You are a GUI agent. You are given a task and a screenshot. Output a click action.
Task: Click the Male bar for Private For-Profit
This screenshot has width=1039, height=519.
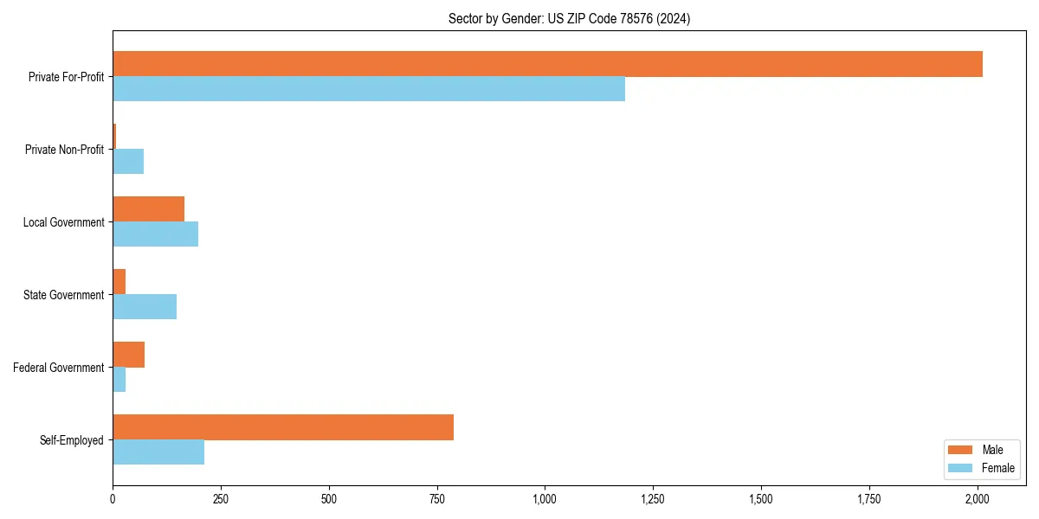(547, 64)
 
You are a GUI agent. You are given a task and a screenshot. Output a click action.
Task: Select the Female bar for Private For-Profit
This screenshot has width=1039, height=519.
(369, 89)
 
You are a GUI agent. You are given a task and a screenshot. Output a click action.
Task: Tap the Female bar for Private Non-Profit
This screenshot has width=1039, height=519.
(128, 162)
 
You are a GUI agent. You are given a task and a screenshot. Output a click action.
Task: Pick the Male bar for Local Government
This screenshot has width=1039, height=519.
(148, 209)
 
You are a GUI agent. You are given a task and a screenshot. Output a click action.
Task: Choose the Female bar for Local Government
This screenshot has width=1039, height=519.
(155, 234)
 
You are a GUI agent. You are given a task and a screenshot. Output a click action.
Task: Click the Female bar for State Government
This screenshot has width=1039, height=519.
(145, 307)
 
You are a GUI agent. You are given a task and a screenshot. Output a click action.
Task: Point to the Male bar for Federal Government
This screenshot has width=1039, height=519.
(128, 355)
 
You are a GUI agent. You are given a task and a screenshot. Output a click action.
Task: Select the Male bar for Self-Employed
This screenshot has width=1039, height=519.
(283, 427)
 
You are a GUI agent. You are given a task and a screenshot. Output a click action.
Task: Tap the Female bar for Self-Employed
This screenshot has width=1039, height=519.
(158, 452)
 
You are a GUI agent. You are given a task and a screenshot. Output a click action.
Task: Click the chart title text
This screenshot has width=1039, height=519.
(569, 18)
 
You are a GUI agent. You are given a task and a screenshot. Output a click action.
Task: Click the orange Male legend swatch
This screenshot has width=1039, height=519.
(961, 450)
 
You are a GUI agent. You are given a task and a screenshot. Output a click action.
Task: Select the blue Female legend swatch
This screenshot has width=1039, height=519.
(961, 468)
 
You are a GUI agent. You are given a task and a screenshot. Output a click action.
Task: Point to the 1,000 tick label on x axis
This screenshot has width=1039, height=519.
(545, 499)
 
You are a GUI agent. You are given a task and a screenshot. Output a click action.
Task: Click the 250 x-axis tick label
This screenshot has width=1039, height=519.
(221, 499)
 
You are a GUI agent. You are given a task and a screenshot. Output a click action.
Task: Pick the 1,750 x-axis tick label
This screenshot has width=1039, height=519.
(869, 499)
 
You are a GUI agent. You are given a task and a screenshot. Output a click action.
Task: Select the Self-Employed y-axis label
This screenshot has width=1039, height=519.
(72, 440)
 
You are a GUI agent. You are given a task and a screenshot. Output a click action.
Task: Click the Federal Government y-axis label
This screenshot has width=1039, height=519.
(59, 368)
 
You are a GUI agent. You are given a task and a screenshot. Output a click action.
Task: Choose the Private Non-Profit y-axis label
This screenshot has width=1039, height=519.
(64, 150)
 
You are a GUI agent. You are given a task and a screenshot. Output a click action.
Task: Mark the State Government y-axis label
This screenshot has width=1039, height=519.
(64, 295)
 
